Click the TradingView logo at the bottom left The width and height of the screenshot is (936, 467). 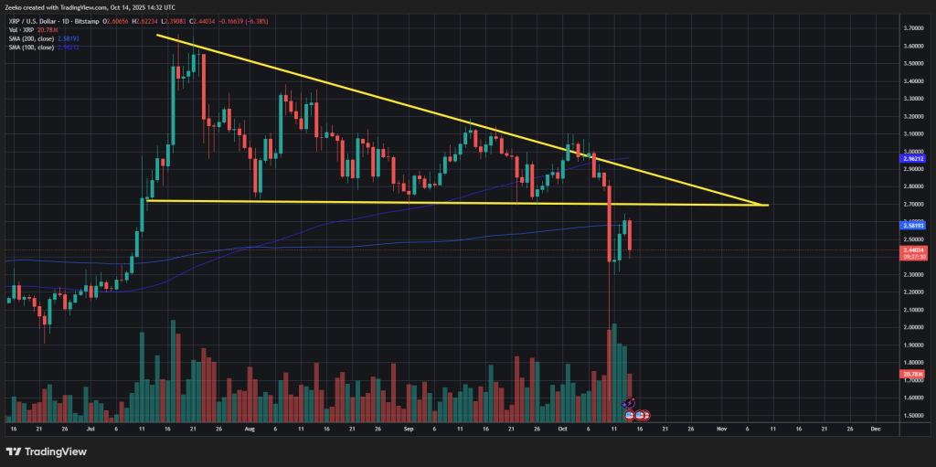46,451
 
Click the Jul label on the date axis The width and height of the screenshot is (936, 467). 90,427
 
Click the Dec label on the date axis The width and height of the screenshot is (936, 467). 875,427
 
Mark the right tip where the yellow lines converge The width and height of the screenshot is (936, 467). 767,205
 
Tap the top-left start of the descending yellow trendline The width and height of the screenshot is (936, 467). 157,36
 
